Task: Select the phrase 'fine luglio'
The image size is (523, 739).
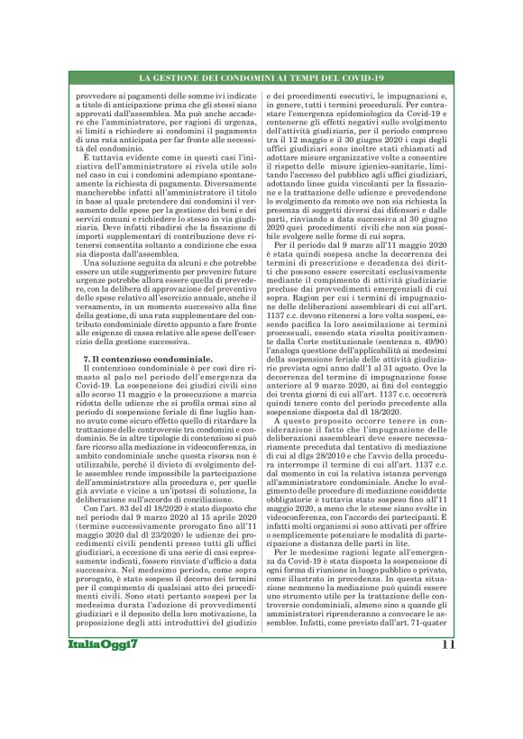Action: point(210,408)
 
